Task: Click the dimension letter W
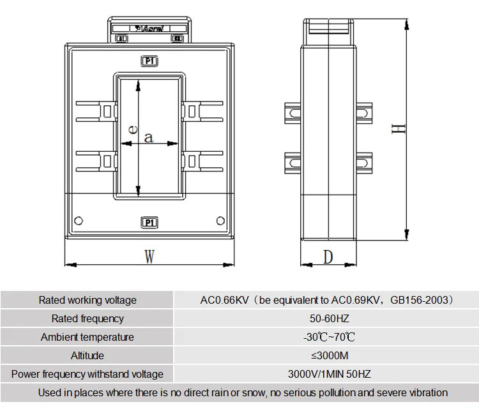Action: point(149,257)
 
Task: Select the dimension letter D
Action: point(328,257)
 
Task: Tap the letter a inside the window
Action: point(149,137)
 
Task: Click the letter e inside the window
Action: point(132,128)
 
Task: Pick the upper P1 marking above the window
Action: point(149,61)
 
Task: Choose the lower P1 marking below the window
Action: point(149,223)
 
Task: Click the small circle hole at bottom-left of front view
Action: point(79,221)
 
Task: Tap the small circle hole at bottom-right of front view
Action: point(220,221)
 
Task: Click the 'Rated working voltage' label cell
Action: point(87,300)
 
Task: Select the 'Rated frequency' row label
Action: point(87,318)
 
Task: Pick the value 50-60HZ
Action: point(326,318)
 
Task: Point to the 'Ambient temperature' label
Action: point(87,337)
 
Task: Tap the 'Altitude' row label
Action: point(87,355)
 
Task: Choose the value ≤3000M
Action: point(326,355)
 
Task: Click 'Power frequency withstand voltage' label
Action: point(87,374)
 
